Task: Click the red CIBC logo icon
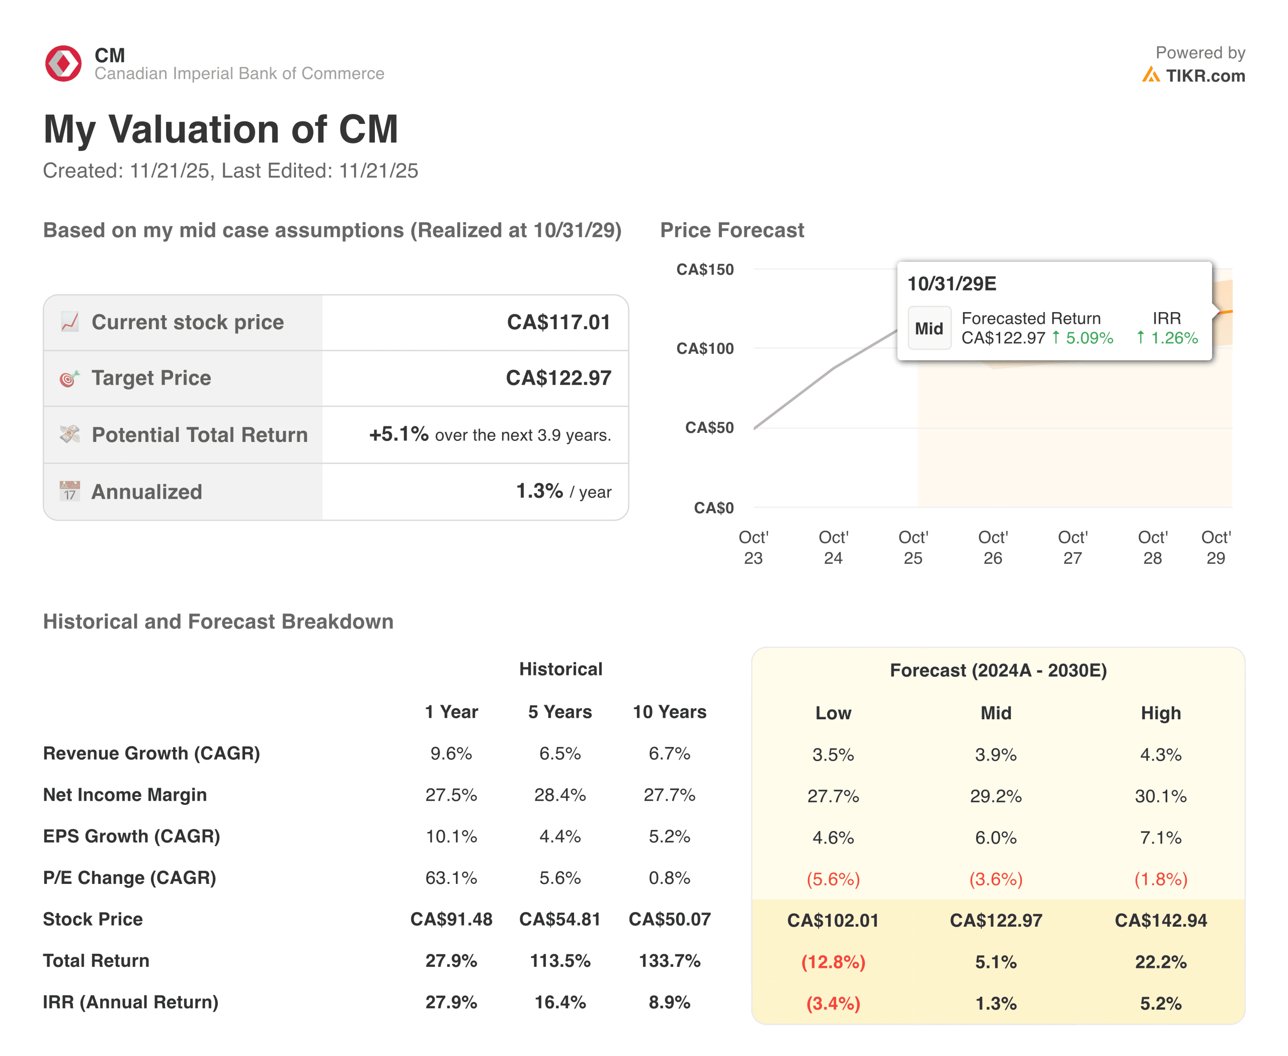click(x=63, y=63)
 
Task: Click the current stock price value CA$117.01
click(x=558, y=323)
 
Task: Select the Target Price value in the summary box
click(x=558, y=379)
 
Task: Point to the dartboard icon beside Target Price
click(x=69, y=379)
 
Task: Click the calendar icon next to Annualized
click(x=69, y=491)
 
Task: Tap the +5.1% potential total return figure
click(x=399, y=434)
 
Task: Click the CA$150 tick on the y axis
click(x=705, y=269)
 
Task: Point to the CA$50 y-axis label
click(x=709, y=428)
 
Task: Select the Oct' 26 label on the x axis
click(x=993, y=548)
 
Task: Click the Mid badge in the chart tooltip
click(x=929, y=329)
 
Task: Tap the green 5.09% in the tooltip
click(x=1089, y=338)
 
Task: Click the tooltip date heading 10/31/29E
click(x=952, y=284)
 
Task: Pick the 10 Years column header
click(x=669, y=712)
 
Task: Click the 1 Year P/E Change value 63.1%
click(x=451, y=878)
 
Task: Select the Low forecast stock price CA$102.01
click(x=833, y=920)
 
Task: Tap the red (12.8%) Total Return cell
click(x=833, y=962)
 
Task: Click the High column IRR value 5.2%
click(x=1160, y=1003)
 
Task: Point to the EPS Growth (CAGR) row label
click(x=131, y=837)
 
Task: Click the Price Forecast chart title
click(x=732, y=231)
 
